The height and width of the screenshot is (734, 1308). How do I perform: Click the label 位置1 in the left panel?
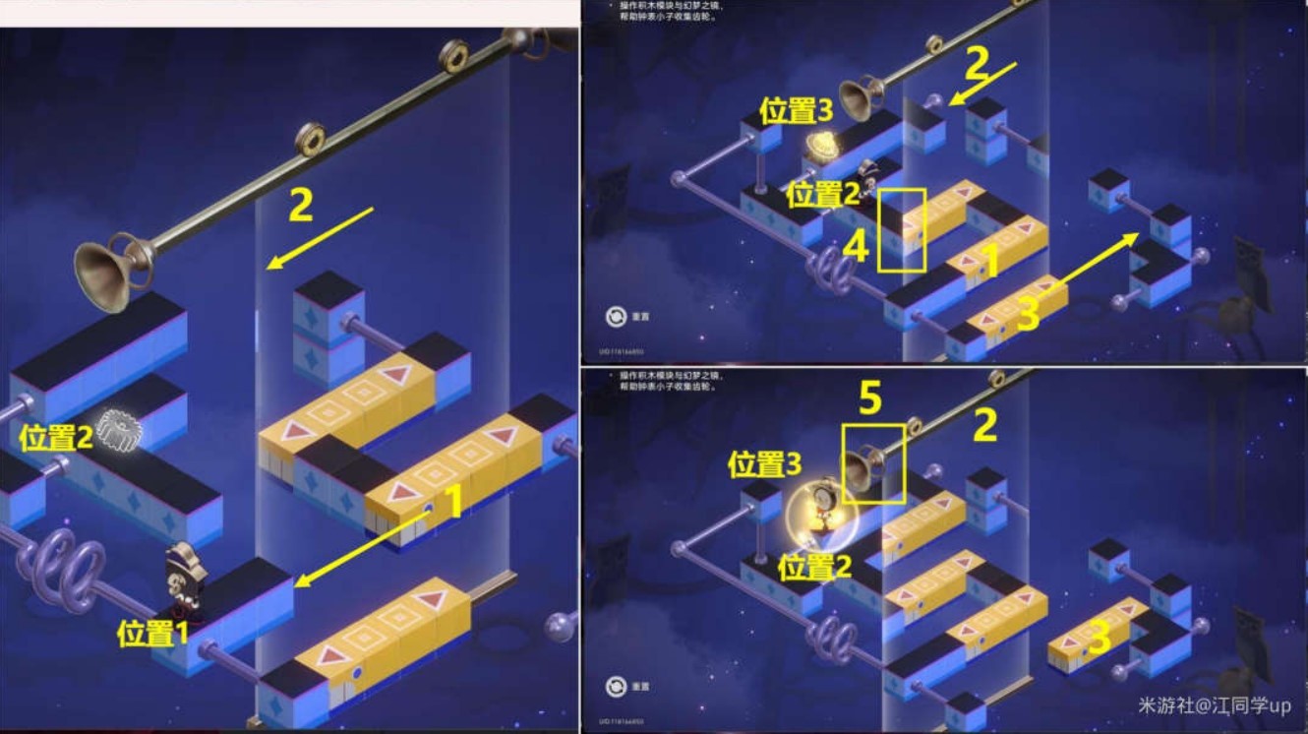[151, 634]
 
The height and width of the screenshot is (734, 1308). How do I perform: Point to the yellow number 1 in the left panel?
[453, 502]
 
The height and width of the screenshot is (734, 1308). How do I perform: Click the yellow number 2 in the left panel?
[301, 207]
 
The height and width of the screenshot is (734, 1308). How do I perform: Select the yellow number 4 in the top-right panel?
[856, 247]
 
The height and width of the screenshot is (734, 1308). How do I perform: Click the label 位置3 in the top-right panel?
[797, 111]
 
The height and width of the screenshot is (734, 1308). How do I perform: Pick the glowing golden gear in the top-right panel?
[820, 146]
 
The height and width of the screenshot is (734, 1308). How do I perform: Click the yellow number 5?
[870, 398]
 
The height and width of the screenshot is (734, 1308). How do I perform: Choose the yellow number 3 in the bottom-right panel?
[1100, 639]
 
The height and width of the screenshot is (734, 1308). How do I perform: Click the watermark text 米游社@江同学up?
[1214, 705]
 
